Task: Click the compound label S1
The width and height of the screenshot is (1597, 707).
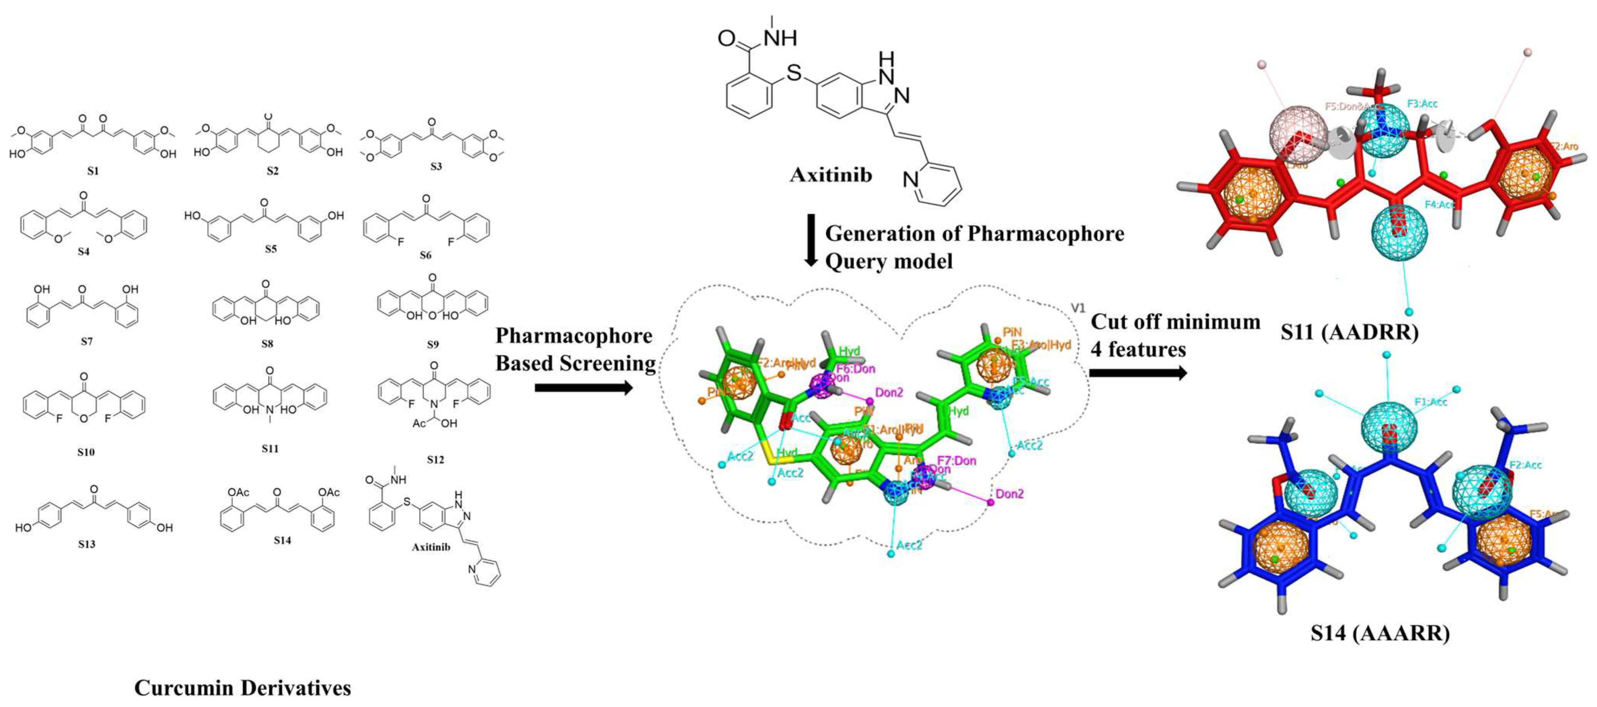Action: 92,170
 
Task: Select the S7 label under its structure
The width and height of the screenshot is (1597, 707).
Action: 86,341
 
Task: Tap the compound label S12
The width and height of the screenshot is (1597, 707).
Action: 435,460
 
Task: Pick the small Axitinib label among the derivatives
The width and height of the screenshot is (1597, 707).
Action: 431,547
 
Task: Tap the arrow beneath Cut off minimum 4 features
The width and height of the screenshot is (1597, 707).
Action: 1137,373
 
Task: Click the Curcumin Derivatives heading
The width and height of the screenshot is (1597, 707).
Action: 242,687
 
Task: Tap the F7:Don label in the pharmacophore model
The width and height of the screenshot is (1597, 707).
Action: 956,461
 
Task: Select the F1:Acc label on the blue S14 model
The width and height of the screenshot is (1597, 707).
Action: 1430,402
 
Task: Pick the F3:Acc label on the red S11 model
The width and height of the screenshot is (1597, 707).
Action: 1422,104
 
